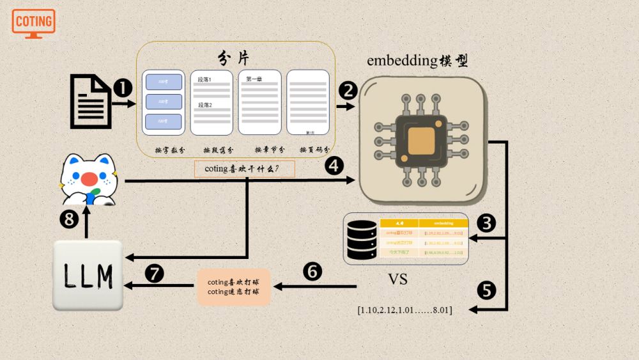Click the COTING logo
[x=33, y=23]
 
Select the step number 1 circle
[x=122, y=88]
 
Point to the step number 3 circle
[x=487, y=223]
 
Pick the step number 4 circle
[x=334, y=166]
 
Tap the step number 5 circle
[x=486, y=290]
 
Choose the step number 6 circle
[x=312, y=272]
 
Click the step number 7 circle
[x=154, y=274]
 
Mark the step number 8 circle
[x=69, y=220]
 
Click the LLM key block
[x=88, y=275]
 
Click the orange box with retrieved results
[x=233, y=287]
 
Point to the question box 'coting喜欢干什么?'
[x=245, y=169]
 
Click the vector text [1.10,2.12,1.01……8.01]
[x=405, y=310]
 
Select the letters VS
[x=397, y=279]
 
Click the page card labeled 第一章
[x=260, y=102]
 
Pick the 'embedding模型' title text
[x=417, y=61]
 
